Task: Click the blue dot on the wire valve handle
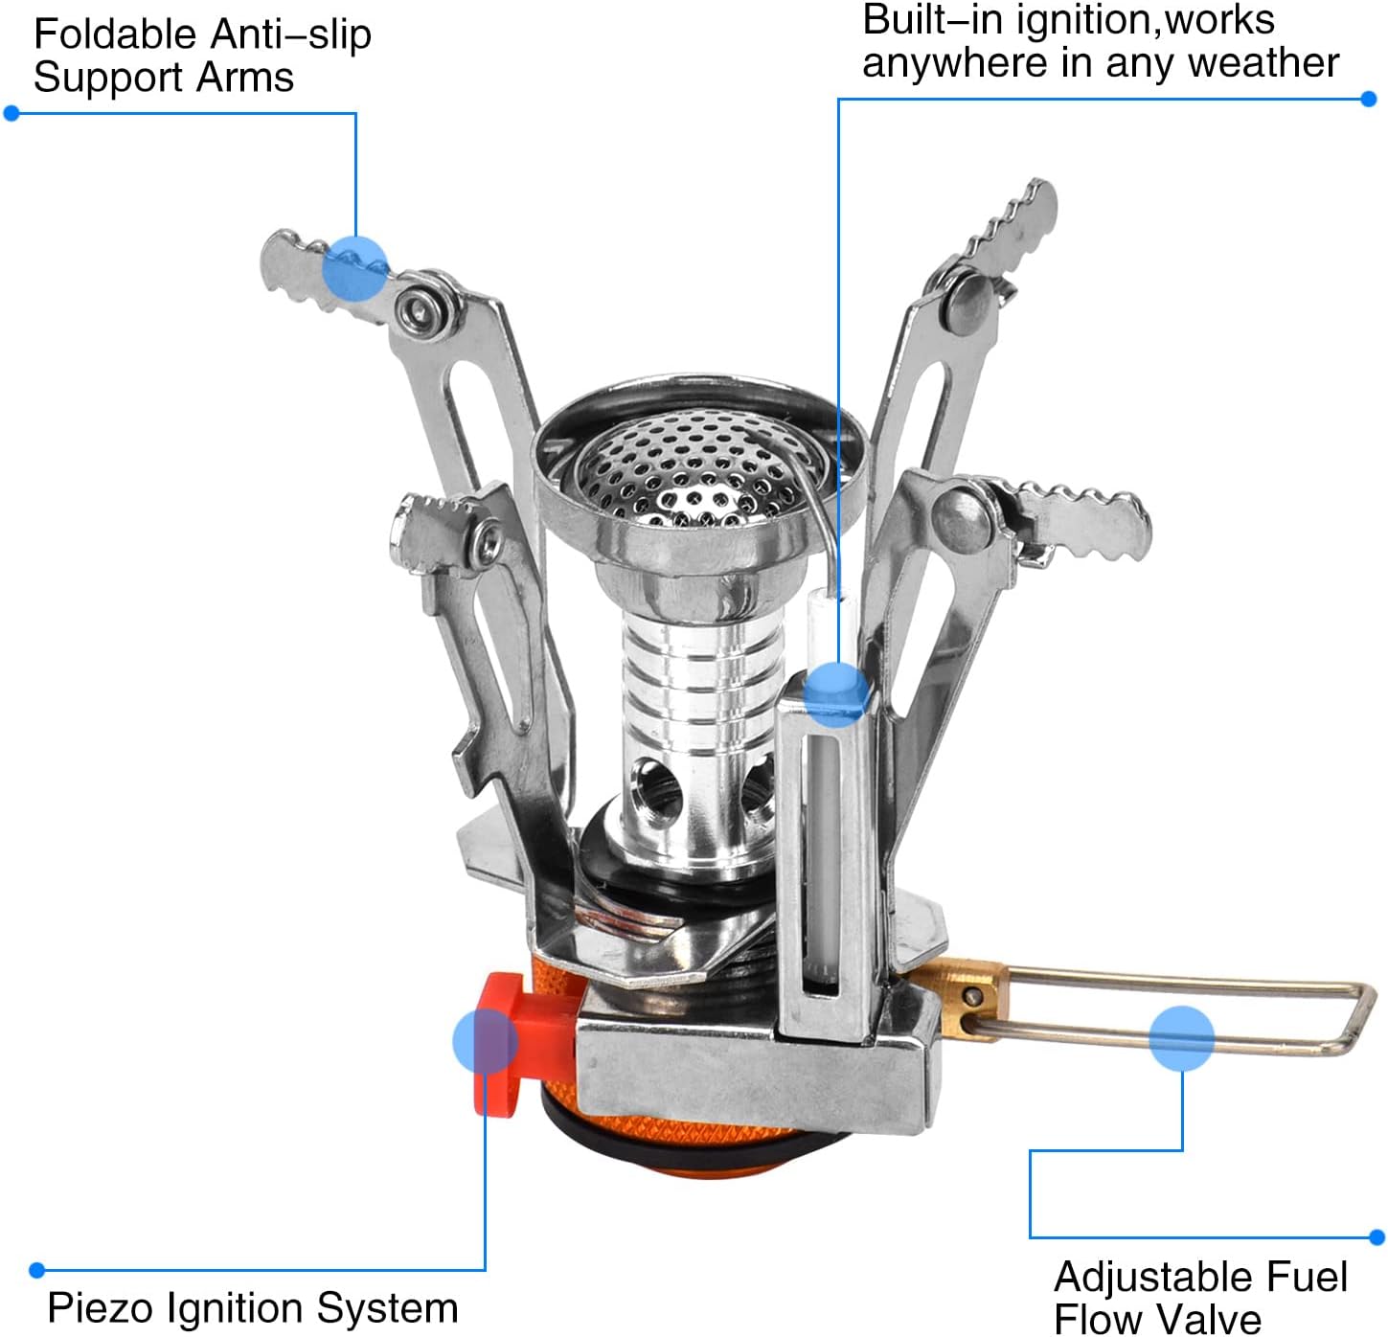(x=1181, y=1037)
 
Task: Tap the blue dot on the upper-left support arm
(x=355, y=268)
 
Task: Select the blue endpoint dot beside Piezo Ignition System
(x=37, y=1270)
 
